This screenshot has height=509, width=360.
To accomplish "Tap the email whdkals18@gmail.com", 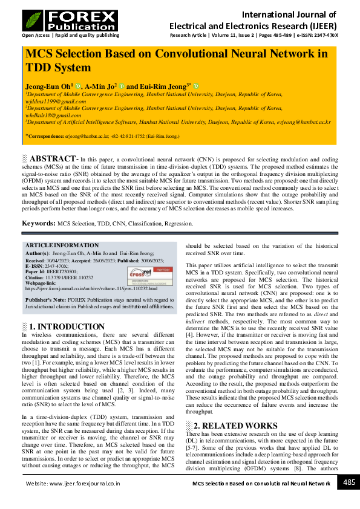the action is [49, 114].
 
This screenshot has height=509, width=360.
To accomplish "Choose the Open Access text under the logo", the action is [37, 36].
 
